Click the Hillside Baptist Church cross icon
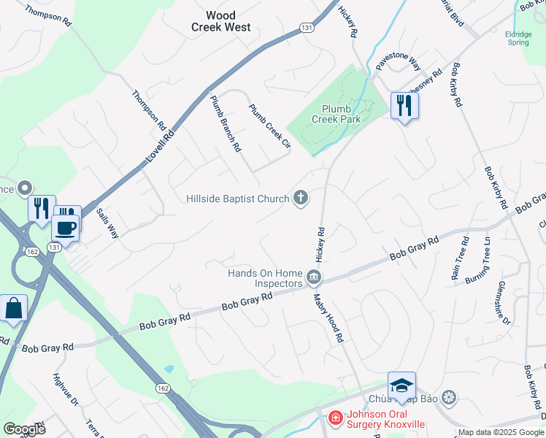click(x=300, y=197)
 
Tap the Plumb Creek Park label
click(x=337, y=114)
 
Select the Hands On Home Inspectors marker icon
click(x=314, y=277)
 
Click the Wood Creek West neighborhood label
click(x=221, y=21)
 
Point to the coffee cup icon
click(x=66, y=226)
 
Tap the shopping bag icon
click(x=14, y=309)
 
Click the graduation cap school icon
click(x=401, y=385)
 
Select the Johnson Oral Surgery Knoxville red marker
click(x=335, y=418)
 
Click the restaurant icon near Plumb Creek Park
click(x=403, y=106)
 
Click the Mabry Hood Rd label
click(x=328, y=319)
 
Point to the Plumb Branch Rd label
click(x=226, y=123)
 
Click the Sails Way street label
click(x=108, y=223)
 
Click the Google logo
click(x=24, y=429)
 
